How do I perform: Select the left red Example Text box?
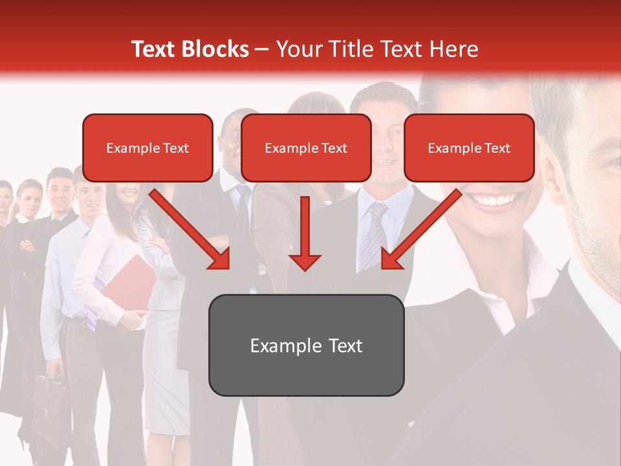[x=147, y=148]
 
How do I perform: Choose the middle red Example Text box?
[x=306, y=148]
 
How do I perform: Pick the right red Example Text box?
[x=469, y=148]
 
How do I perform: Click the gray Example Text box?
[x=306, y=345]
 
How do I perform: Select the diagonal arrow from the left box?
[x=191, y=229]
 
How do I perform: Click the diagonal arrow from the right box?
[x=421, y=229]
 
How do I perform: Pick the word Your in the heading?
[x=299, y=49]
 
